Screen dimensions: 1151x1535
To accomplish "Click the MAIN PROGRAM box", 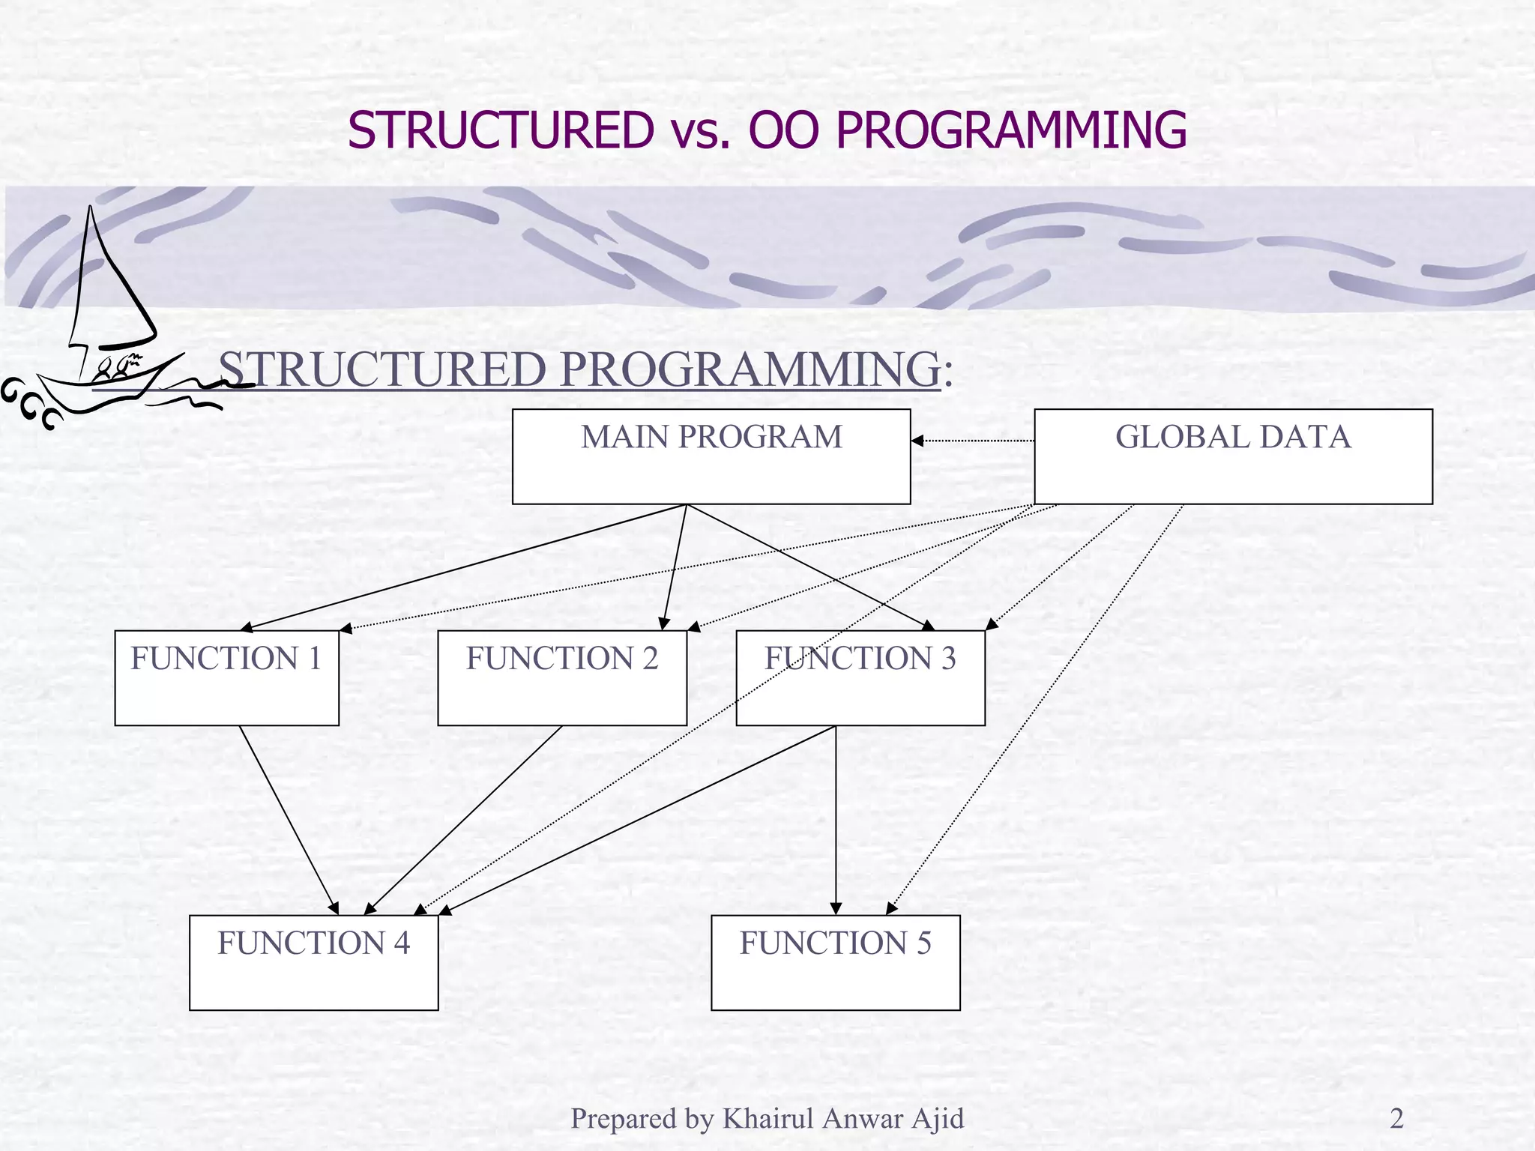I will [x=711, y=456].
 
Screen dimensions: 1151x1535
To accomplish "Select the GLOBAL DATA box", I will [x=1233, y=456].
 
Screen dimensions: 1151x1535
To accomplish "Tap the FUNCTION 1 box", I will [x=226, y=677].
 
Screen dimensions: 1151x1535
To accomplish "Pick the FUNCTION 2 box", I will [x=562, y=677].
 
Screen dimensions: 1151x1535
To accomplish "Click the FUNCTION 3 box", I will [x=860, y=677].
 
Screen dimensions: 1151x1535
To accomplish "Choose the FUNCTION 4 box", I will [x=313, y=962].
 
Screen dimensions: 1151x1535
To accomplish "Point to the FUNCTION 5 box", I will [x=835, y=962].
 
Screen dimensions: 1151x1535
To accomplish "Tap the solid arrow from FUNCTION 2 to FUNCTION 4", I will [x=463, y=820].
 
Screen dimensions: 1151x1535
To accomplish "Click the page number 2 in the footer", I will [x=1396, y=1119].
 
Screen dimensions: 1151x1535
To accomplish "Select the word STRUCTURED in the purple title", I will [x=500, y=130].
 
